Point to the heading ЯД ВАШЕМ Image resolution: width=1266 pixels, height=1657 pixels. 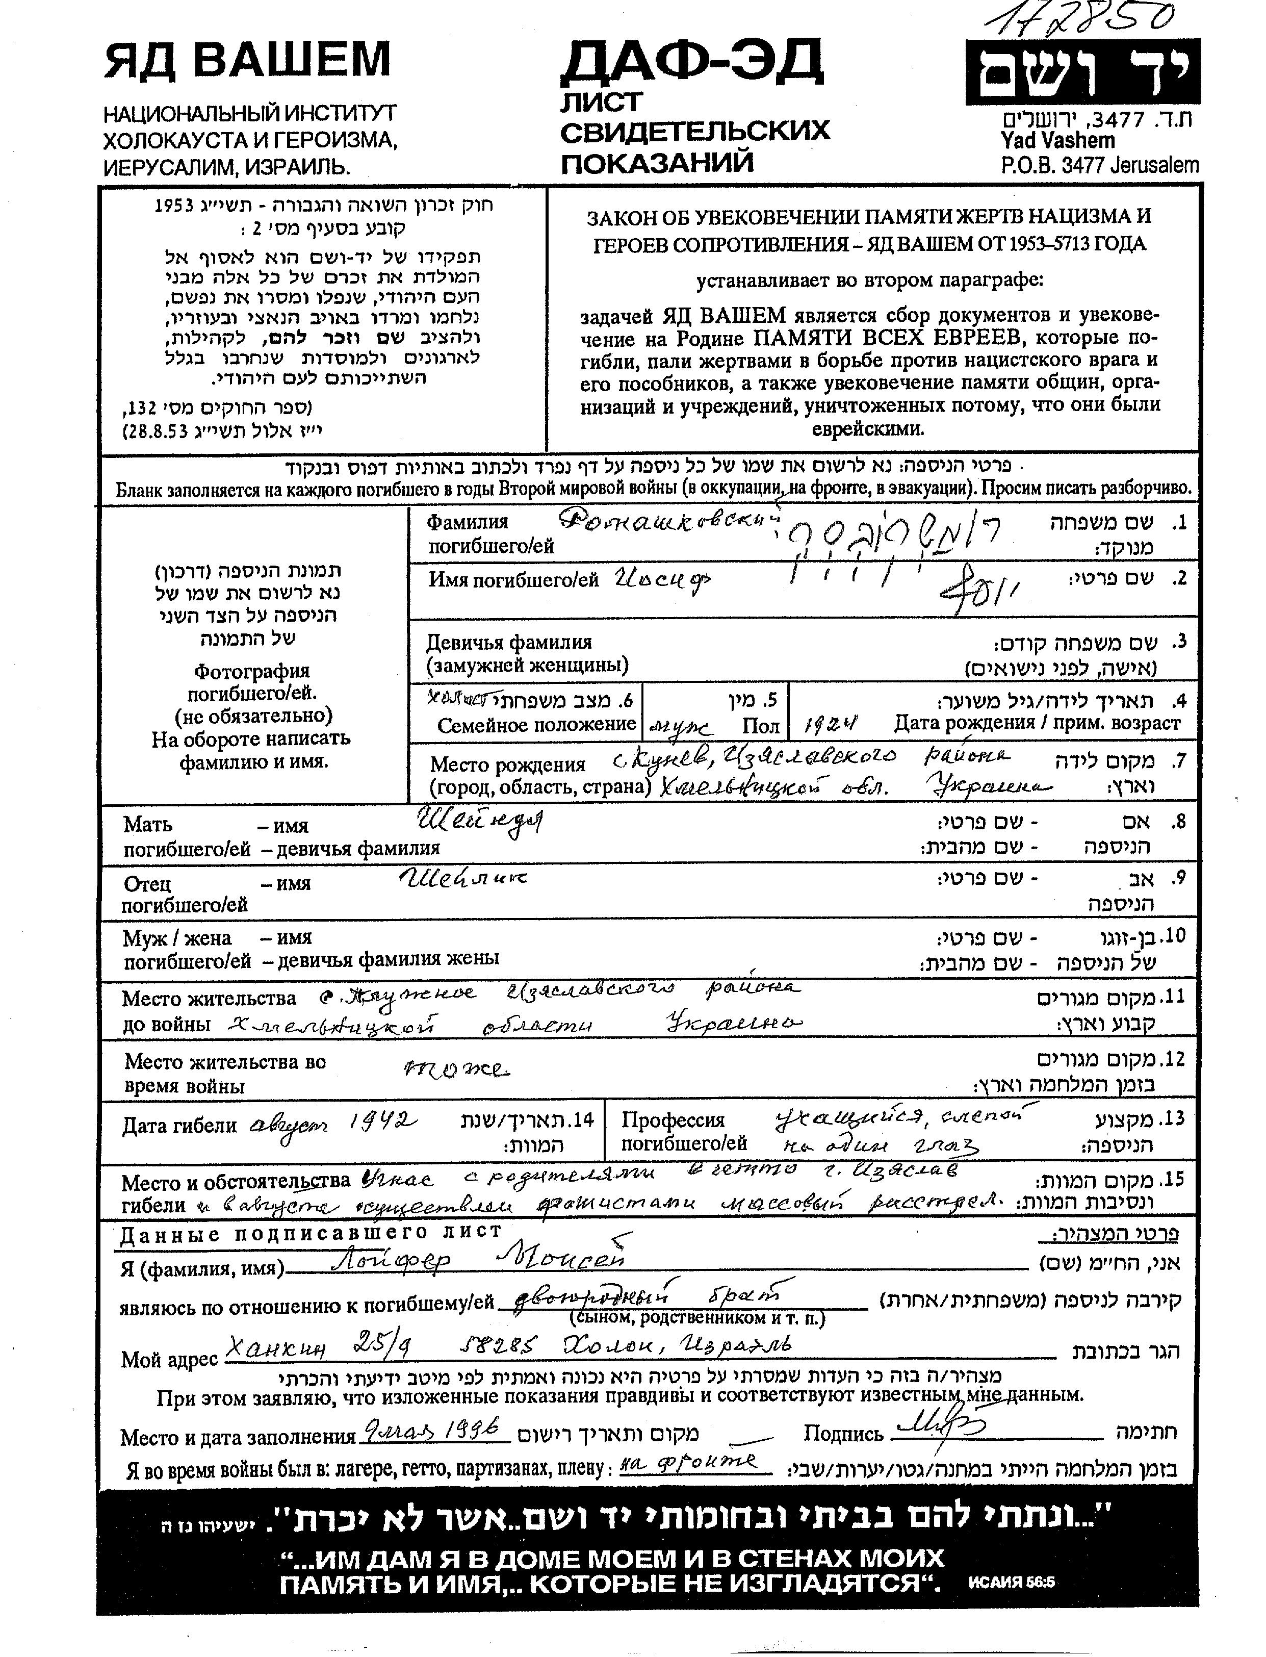(247, 60)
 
